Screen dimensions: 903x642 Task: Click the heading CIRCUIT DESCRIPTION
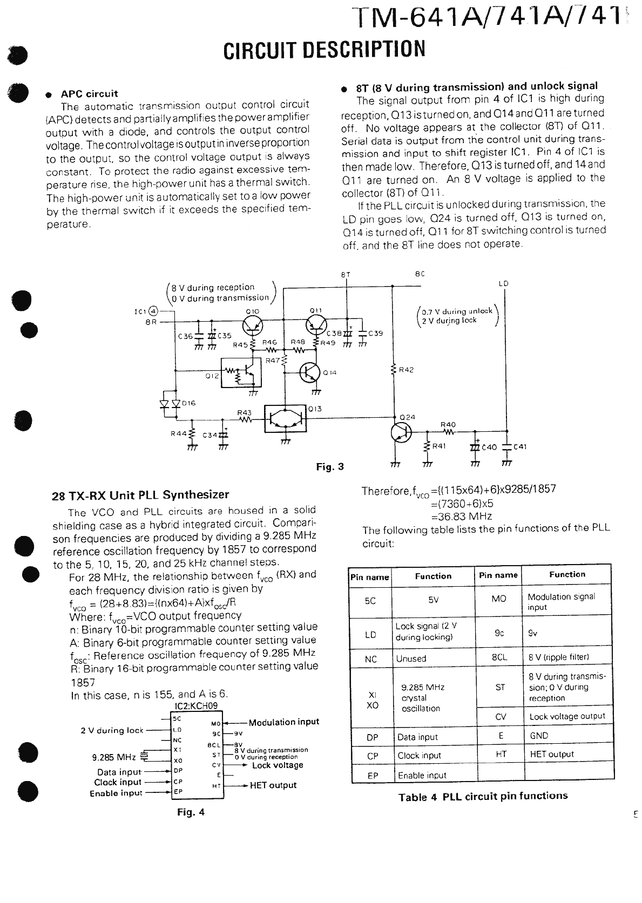pos(324,49)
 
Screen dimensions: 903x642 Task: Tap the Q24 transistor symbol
pos(401,432)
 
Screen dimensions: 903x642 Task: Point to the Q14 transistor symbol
pos(310,372)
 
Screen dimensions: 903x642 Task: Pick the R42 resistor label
pos(406,370)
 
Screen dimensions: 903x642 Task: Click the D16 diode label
pos(189,403)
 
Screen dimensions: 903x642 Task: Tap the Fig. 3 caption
pos(330,467)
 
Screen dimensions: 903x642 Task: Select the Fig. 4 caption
pos(191,812)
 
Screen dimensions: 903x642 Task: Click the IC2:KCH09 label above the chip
pos(197,706)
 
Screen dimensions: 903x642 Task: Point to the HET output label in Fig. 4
pos(273,785)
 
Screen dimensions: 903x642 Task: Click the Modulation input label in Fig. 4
pos(284,722)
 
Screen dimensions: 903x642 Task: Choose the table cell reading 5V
pos(433,600)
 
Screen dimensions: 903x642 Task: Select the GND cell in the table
pos(539,735)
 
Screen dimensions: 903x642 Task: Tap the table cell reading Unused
pos(411,658)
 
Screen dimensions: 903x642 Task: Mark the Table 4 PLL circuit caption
pos(483,797)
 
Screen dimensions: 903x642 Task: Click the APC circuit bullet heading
pos(89,93)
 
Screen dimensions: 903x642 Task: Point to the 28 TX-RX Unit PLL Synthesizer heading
pos(140,495)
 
